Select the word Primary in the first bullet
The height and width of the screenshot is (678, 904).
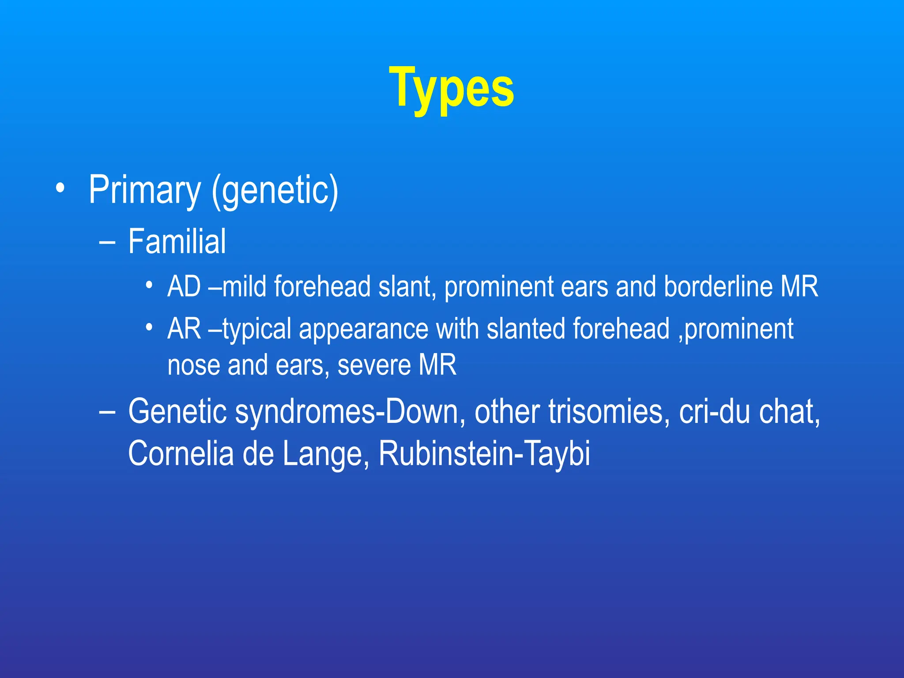[144, 190]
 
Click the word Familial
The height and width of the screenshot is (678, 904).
[177, 241]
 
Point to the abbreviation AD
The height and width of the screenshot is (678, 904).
[184, 287]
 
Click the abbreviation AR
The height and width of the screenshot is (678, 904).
[184, 329]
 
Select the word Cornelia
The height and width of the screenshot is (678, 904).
[181, 454]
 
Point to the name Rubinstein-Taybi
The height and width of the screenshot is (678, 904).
[484, 454]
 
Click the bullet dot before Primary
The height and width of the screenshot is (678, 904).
[60, 189]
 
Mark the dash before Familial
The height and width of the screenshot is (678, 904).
[107, 242]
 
